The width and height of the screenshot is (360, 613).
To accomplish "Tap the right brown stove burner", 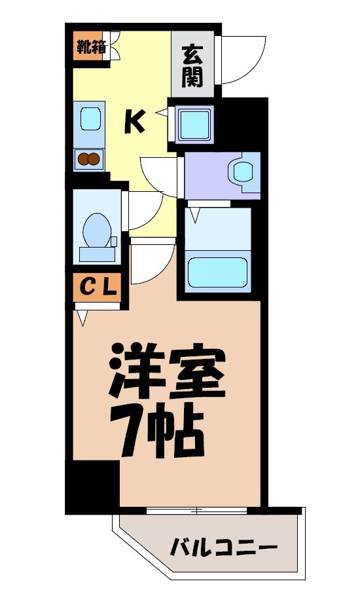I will click(96, 158).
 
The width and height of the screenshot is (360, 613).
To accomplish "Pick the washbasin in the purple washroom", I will click(242, 172).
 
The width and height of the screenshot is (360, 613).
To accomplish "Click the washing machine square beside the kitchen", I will click(194, 123).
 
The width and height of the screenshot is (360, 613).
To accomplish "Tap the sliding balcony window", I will click(196, 510).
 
